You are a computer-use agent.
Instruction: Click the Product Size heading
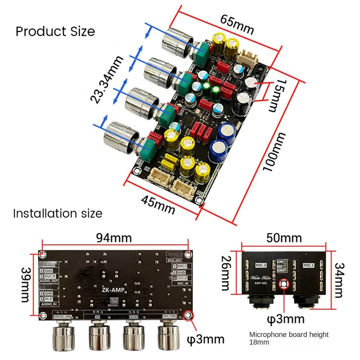coord(55,31)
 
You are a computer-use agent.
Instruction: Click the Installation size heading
coord(58,213)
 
